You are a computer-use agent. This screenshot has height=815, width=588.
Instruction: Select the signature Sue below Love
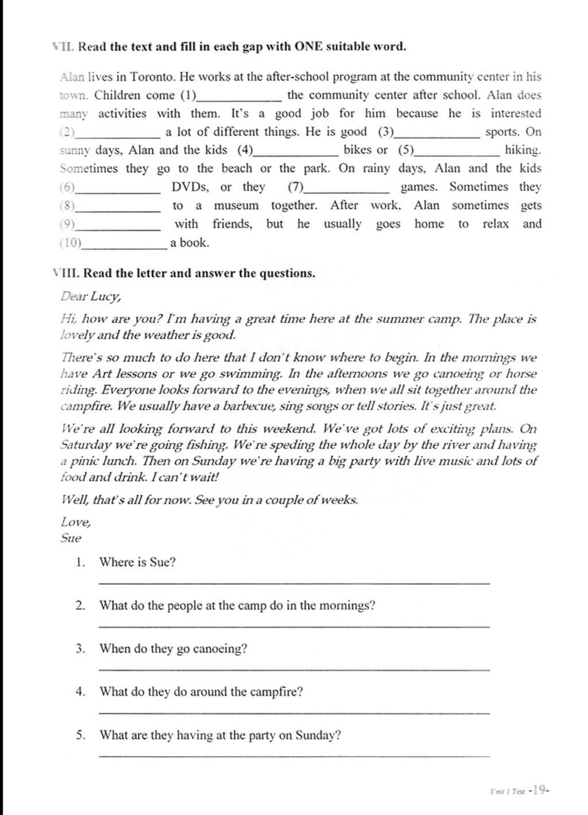(71, 538)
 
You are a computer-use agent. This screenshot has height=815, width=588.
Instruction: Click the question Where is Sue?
(137, 562)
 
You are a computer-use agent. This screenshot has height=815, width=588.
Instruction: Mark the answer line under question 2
(295, 627)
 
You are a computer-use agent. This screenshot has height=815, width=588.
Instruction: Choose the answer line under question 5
(295, 756)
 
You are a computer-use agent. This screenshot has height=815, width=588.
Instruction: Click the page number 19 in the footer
(539, 790)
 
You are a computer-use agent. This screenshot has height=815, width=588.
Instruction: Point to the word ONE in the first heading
(308, 47)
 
